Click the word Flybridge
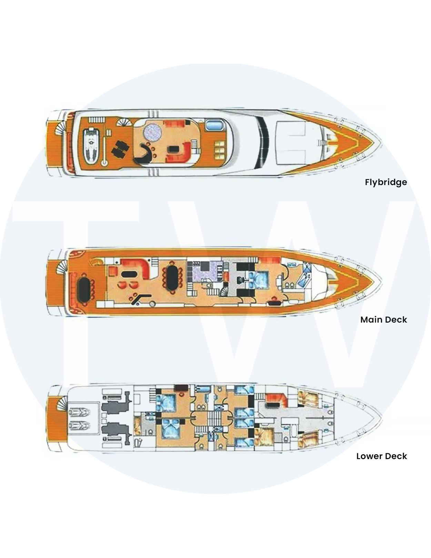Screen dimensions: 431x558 [x=386, y=182]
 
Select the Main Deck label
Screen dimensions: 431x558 [x=383, y=320]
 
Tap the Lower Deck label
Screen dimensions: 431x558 [x=381, y=456]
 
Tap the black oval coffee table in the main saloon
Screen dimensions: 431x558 [x=128, y=274]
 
